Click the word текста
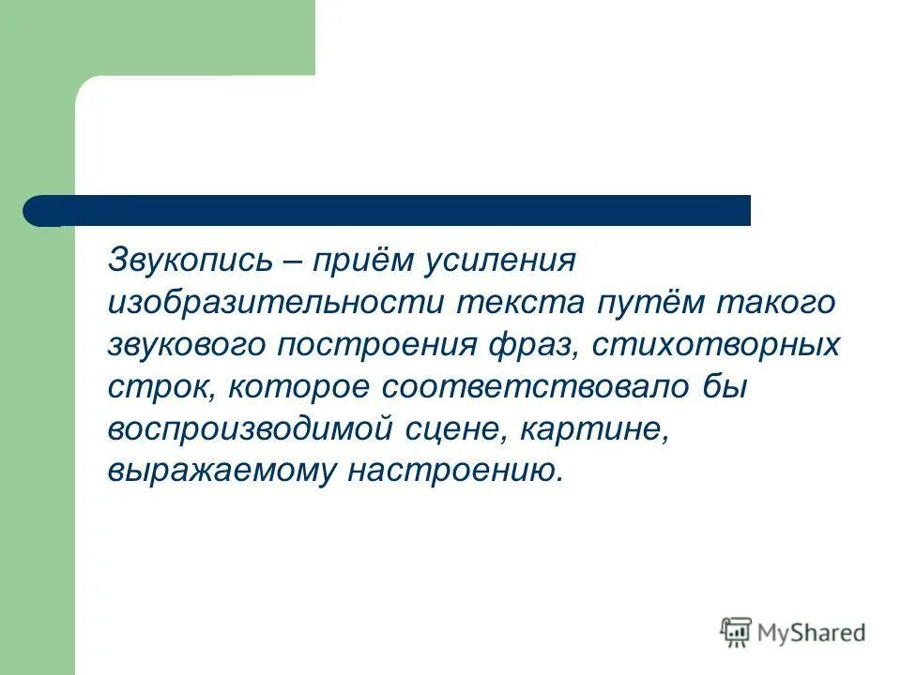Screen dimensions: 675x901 (x=521, y=303)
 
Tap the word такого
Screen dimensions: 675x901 (x=775, y=303)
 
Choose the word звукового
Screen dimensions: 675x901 (x=188, y=345)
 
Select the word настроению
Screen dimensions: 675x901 (x=457, y=472)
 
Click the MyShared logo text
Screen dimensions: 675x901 (x=813, y=633)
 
